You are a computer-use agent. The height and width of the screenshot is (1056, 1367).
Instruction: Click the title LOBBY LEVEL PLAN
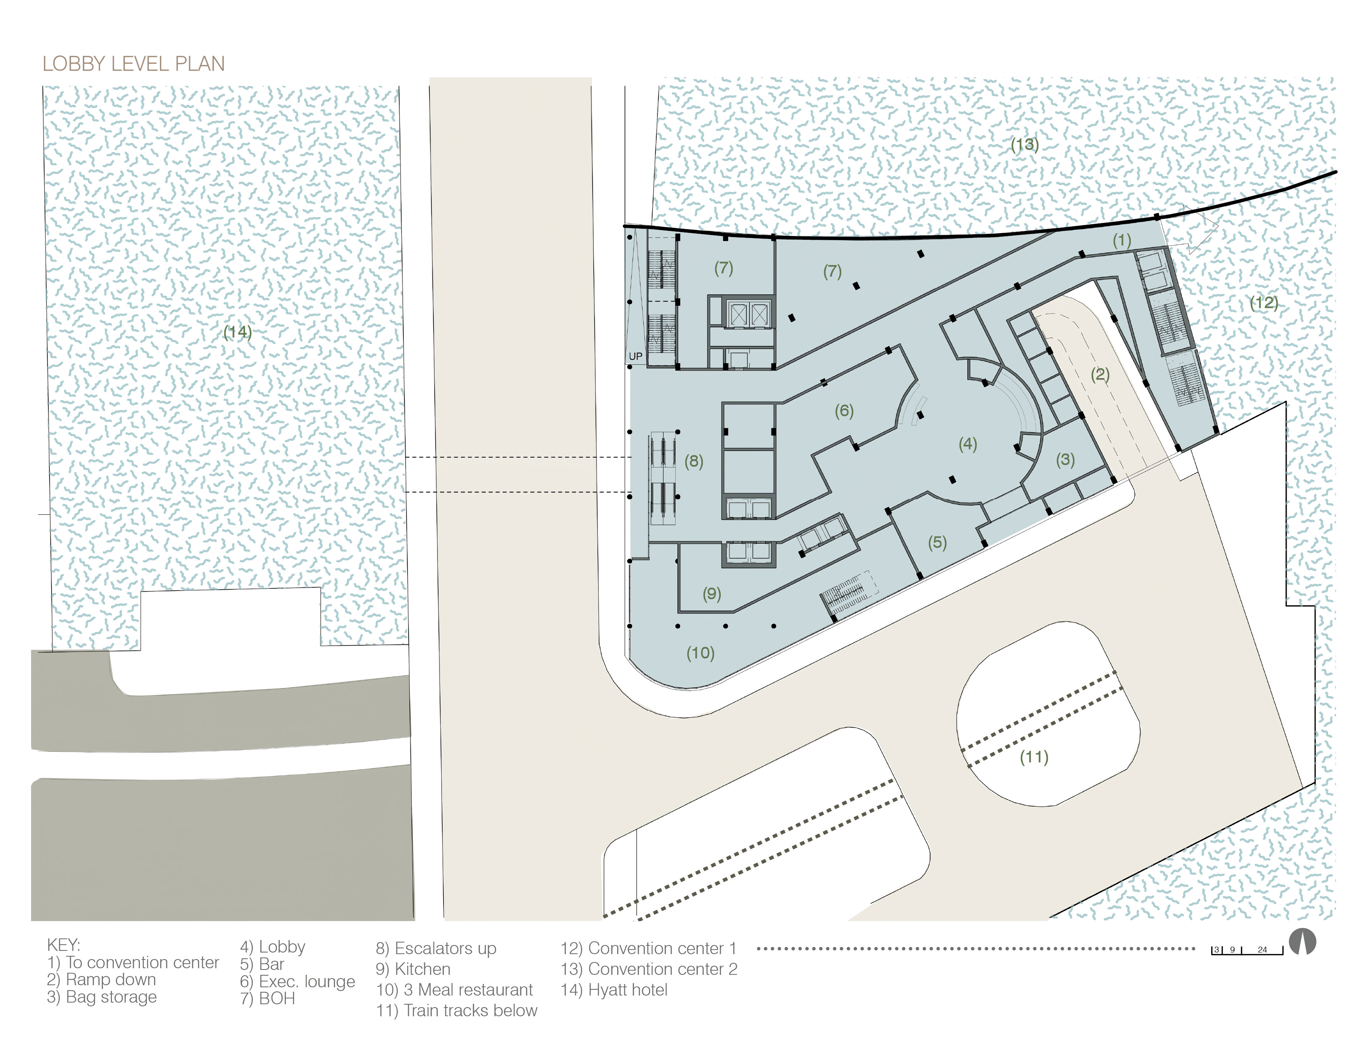click(x=133, y=64)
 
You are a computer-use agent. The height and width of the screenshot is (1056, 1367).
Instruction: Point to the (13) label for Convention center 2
click(x=1025, y=145)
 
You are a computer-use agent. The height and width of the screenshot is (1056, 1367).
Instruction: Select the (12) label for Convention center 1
click(x=1264, y=303)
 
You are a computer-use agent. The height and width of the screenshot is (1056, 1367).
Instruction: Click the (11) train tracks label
click(x=1034, y=757)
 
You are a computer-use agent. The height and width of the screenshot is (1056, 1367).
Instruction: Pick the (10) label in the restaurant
click(x=700, y=653)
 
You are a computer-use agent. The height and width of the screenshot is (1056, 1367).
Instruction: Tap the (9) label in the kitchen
click(x=712, y=594)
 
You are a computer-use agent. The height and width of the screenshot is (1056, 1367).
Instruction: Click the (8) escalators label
click(x=693, y=462)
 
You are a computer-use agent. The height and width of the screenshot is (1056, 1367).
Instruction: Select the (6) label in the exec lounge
click(x=844, y=411)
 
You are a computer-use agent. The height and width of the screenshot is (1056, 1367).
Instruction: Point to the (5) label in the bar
click(x=937, y=542)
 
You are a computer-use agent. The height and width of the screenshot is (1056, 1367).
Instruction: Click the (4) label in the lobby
click(x=968, y=444)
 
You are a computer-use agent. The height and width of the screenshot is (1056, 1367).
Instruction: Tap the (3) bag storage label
click(x=1065, y=460)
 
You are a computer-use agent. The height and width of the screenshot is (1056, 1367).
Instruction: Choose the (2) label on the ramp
click(x=1100, y=375)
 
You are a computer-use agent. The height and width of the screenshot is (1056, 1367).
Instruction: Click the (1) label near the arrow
click(x=1122, y=240)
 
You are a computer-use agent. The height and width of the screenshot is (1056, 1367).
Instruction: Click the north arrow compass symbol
click(x=1303, y=942)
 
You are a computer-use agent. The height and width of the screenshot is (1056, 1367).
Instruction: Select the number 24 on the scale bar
click(x=1262, y=950)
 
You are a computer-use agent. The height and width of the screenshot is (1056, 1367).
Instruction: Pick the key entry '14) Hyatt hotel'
click(x=614, y=990)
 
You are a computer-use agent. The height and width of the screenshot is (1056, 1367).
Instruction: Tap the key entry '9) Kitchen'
click(x=413, y=969)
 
